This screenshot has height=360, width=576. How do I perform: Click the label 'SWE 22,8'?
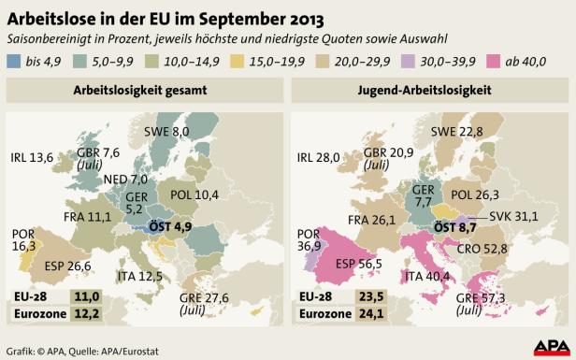click(x=457, y=132)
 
